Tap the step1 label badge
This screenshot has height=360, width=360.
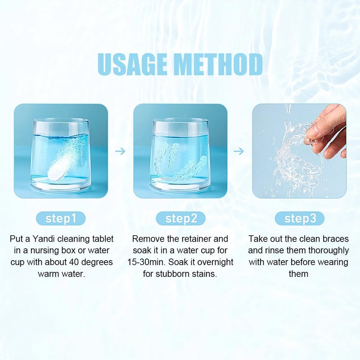(x=61, y=219)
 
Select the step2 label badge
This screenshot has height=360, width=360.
(x=180, y=219)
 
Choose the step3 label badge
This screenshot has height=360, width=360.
(x=299, y=219)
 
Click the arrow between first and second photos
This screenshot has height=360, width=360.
(x=120, y=151)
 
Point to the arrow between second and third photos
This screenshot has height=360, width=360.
(x=239, y=151)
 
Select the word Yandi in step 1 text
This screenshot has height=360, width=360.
(x=46, y=238)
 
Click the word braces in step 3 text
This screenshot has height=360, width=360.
(x=335, y=238)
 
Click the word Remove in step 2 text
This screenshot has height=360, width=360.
(x=147, y=238)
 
